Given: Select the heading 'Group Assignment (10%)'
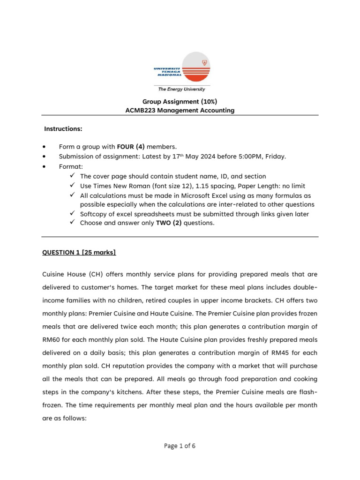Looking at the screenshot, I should tap(180, 101).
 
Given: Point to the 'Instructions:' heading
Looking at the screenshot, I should tap(63, 128).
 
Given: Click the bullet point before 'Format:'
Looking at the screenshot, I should tap(44, 166).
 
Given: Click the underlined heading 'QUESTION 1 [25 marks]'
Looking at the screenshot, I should tap(79, 253).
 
